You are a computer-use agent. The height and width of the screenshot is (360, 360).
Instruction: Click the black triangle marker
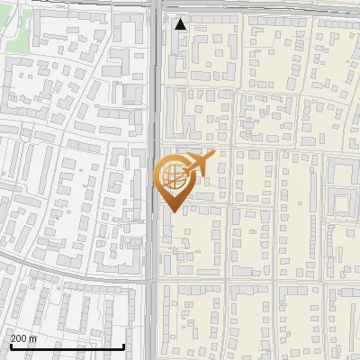coord(181,24)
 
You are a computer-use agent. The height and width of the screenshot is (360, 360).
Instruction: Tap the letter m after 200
coord(33,338)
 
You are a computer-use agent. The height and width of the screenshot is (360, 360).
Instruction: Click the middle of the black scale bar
coord(67,346)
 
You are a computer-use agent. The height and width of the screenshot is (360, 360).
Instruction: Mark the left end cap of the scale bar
coord(10,346)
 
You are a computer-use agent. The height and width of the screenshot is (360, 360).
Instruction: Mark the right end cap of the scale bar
coord(123,346)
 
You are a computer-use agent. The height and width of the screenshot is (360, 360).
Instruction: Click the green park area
coord(16,36)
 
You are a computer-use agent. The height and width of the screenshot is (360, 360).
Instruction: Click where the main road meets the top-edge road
coord(156,6)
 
